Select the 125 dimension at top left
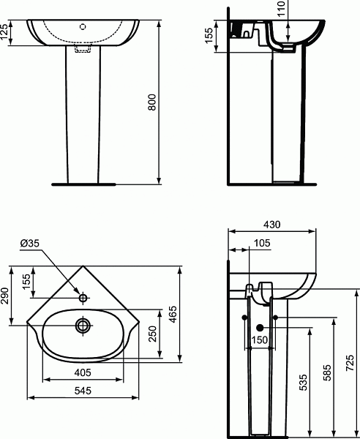[6, 33]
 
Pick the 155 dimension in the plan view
[26, 282]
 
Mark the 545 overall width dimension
[83, 391]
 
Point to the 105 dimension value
[261, 243]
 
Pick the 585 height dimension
[327, 372]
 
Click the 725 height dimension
[349, 362]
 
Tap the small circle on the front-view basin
[83, 26]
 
